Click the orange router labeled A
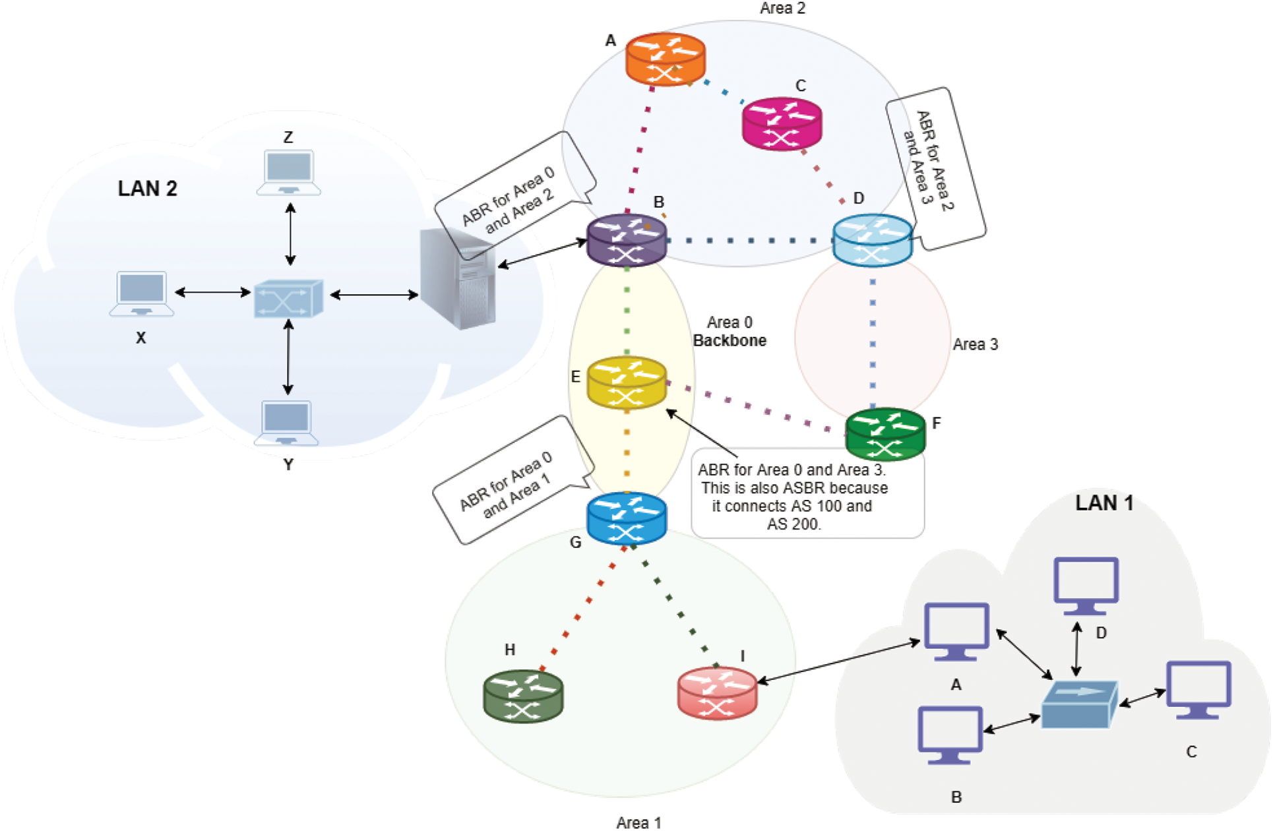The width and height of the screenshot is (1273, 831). (x=665, y=59)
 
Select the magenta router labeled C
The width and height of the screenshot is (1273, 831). (x=782, y=123)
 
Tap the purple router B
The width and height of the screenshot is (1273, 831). (x=627, y=240)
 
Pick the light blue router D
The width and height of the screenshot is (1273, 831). (x=872, y=240)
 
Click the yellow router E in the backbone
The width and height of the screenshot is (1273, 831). (x=627, y=383)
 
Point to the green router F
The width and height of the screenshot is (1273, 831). (x=885, y=434)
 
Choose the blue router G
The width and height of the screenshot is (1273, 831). (x=627, y=518)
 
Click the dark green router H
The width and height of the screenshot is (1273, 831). (x=523, y=696)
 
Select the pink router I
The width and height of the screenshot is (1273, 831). (x=717, y=693)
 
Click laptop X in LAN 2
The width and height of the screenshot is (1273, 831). (x=141, y=293)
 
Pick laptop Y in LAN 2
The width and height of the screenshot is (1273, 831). (x=286, y=423)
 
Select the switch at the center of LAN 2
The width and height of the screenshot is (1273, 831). (x=288, y=299)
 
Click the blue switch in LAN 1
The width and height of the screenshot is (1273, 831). (x=1079, y=704)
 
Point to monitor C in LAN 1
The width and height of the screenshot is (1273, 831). (x=1198, y=689)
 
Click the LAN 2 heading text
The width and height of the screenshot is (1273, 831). (x=147, y=189)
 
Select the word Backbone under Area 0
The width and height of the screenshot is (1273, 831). (x=730, y=341)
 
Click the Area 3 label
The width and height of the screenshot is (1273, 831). (x=975, y=344)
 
